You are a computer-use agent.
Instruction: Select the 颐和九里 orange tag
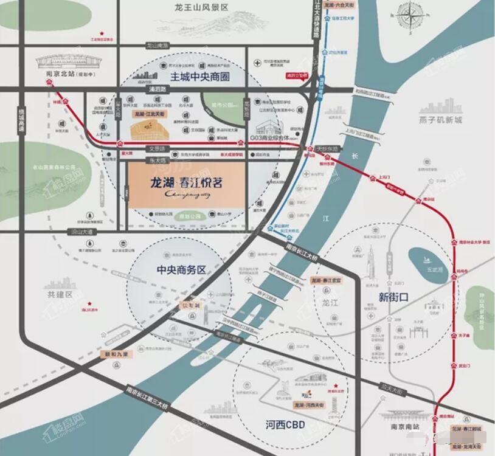coord(114,353)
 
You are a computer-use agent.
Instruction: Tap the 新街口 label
coord(393,297)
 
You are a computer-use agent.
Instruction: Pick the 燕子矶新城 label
coord(440,120)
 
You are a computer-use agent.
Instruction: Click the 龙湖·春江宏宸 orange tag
coord(329,280)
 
